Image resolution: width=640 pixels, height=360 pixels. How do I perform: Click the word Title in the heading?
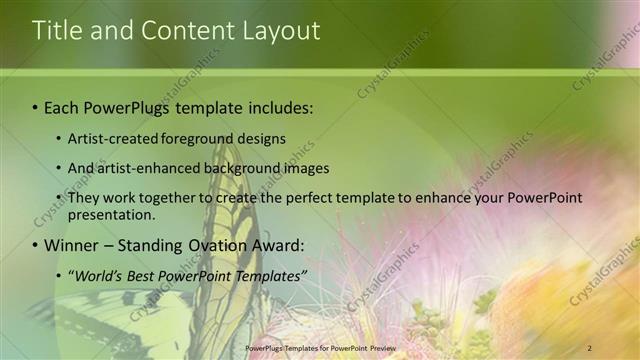(x=57, y=31)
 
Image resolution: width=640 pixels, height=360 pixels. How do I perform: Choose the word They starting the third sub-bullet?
(x=83, y=198)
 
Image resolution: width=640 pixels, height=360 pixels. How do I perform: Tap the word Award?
(x=279, y=245)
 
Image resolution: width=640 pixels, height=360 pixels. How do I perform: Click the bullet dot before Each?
(x=36, y=107)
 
